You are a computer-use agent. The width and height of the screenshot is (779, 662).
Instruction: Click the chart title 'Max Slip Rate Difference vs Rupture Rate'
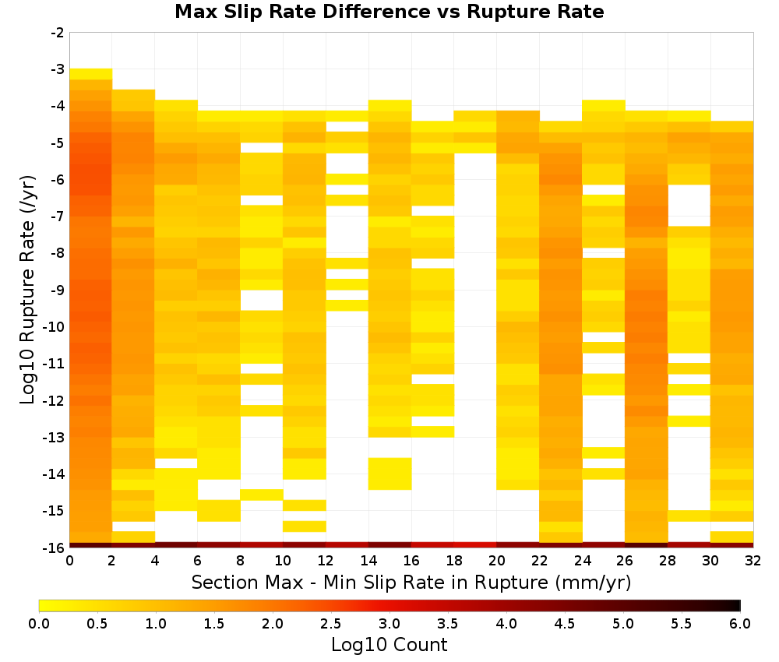(x=389, y=12)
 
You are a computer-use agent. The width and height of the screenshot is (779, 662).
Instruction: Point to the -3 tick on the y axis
(x=58, y=69)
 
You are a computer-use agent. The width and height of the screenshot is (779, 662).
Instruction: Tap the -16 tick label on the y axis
(x=55, y=548)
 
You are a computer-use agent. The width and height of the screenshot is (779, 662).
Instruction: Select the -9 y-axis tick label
(x=58, y=290)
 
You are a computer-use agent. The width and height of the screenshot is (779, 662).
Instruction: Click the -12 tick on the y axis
(x=55, y=400)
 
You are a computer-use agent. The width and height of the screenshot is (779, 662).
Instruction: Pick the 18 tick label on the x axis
(x=454, y=561)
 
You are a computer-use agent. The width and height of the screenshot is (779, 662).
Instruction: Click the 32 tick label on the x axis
(x=753, y=561)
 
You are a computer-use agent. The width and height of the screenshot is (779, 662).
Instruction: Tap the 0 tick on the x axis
(x=69, y=561)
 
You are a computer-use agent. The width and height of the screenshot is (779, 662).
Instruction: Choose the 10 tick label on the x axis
(x=284, y=561)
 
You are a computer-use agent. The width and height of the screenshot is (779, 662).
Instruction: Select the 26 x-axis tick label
(x=625, y=561)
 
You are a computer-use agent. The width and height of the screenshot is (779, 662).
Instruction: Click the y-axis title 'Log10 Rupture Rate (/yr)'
(x=28, y=290)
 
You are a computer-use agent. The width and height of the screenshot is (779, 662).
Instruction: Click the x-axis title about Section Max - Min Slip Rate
(x=411, y=582)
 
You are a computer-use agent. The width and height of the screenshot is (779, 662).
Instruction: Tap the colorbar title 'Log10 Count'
(x=389, y=645)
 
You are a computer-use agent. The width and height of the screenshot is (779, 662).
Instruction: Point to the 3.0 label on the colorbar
(x=389, y=623)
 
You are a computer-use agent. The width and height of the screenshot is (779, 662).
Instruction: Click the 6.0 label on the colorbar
(x=740, y=623)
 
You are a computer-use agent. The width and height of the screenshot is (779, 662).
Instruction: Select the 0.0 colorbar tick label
(x=39, y=623)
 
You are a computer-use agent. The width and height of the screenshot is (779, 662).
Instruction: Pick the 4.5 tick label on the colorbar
(x=565, y=623)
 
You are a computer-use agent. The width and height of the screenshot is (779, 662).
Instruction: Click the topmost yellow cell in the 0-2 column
(x=91, y=74)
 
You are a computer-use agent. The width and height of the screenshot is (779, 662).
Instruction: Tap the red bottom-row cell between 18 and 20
(x=475, y=545)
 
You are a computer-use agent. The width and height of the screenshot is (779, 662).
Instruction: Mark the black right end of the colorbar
(x=737, y=605)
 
